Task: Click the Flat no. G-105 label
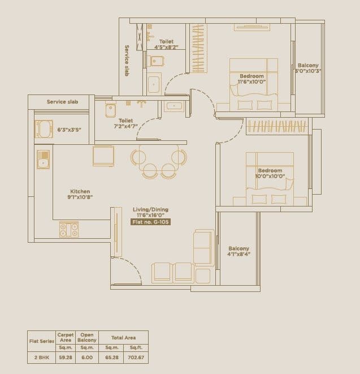click(x=150, y=222)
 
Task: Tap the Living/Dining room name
click(x=150, y=209)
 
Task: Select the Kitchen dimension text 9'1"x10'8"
click(x=80, y=197)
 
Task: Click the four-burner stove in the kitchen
click(x=69, y=229)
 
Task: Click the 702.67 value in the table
click(x=137, y=358)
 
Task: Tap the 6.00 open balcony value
click(x=88, y=358)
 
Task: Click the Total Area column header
click(x=124, y=338)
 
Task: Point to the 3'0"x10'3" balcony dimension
click(x=308, y=71)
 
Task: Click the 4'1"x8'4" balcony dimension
click(x=238, y=254)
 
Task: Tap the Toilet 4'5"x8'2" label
click(x=166, y=44)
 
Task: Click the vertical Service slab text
click(x=127, y=61)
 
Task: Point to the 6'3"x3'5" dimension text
click(x=69, y=130)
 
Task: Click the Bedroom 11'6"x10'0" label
click(x=251, y=79)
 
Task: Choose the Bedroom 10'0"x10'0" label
click(x=270, y=174)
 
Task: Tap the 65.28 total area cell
click(x=112, y=358)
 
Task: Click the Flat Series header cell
click(x=41, y=341)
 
